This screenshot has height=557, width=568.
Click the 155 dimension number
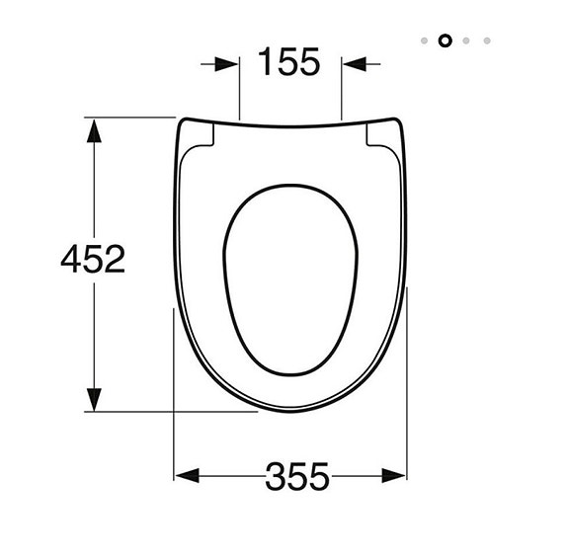[289, 63]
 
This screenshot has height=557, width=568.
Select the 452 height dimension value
[93, 260]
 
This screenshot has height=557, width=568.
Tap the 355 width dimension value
[296, 478]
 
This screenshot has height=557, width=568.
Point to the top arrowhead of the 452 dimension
[94, 129]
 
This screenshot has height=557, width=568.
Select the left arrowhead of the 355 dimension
[185, 475]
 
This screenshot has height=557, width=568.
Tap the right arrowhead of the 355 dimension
[395, 475]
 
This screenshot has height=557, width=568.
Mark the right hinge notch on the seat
[380, 137]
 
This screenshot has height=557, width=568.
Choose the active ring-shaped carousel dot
[444, 40]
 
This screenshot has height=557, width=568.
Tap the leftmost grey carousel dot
[424, 40]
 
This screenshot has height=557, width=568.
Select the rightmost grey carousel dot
[487, 40]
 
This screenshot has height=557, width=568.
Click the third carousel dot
[466, 40]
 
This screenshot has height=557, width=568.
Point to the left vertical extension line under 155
[240, 94]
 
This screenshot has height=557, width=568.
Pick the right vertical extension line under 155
[342, 94]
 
